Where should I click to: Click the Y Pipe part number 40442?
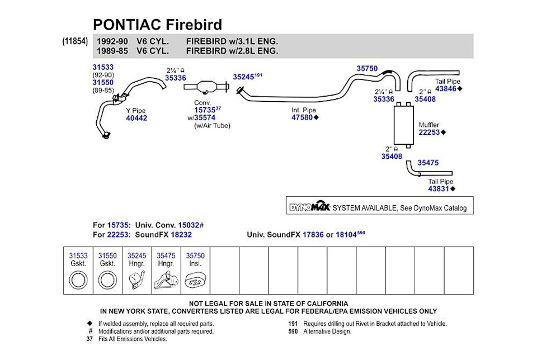(136, 118)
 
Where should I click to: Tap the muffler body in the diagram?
(404, 125)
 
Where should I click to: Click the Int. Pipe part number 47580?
(302, 117)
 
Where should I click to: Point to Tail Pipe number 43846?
(446, 89)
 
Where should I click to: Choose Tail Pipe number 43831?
(439, 189)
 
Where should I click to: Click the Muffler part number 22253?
(429, 132)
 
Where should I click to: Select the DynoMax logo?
(309, 206)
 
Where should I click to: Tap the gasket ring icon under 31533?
(78, 280)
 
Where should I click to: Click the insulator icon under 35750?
(195, 281)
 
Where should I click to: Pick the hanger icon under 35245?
(136, 280)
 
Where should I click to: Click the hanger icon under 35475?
(166, 280)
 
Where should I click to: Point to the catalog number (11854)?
(75, 41)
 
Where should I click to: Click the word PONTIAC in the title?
(127, 25)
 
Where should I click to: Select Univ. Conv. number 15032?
(189, 225)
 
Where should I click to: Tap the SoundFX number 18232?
(181, 235)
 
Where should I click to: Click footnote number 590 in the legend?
(293, 331)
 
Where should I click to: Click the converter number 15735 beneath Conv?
(205, 110)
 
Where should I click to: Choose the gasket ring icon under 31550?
(107, 280)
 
